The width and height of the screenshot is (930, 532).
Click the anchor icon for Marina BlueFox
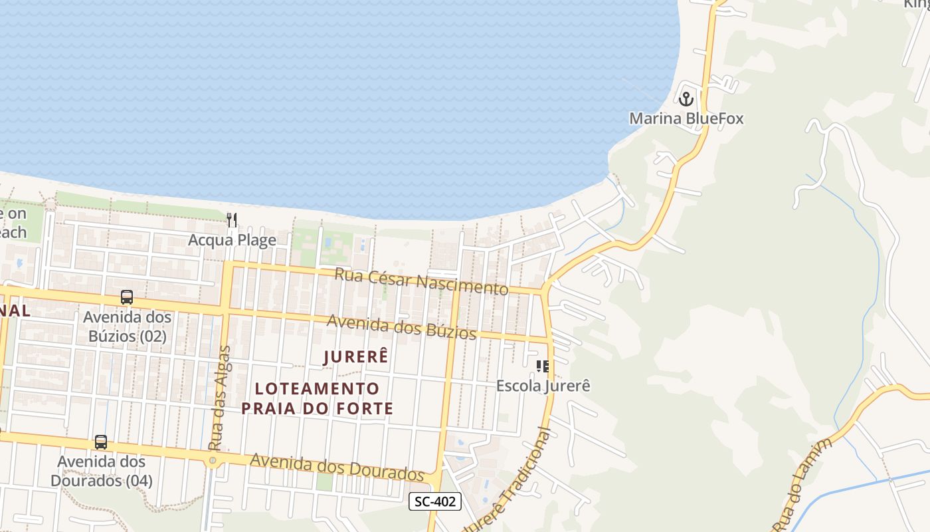point(686,99)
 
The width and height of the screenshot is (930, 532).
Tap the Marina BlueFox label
point(686,119)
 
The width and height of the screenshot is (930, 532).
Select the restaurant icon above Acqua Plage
point(232,219)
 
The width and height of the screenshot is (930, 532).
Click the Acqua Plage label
point(232,240)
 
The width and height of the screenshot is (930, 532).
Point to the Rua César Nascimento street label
point(420,281)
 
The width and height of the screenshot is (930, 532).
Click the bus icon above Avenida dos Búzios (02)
point(127,297)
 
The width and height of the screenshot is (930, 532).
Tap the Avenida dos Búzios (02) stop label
point(127,327)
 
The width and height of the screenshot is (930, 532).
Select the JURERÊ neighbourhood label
point(355,357)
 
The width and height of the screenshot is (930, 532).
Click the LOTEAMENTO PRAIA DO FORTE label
point(318,398)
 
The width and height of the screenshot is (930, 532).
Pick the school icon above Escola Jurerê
point(543,366)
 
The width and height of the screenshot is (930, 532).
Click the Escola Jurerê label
point(543,386)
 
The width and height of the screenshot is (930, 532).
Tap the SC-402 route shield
point(434,501)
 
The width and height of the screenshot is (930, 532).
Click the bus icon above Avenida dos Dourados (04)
point(101,442)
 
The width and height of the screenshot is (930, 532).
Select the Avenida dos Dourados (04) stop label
point(101,471)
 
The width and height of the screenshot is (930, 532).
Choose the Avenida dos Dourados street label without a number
point(337,467)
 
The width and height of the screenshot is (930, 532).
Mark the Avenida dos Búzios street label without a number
point(402,326)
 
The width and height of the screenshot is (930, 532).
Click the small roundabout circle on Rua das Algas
point(213,460)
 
